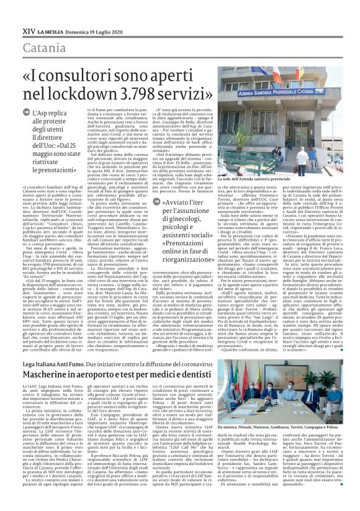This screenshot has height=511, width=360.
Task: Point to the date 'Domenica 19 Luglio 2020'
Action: pyautogui.click(x=99, y=13)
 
